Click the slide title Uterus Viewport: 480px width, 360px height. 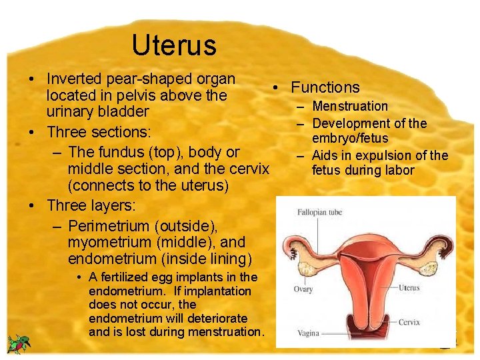tap(174, 45)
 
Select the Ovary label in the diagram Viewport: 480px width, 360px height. tap(303, 289)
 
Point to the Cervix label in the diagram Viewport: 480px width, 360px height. tap(409, 322)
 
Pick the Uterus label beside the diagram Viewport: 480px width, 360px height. tap(409, 288)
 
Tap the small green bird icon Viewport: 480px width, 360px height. tap(19, 344)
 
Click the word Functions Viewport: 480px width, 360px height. tap(325, 87)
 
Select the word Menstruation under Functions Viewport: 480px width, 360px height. tap(350, 106)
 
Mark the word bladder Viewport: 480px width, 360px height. tap(124, 111)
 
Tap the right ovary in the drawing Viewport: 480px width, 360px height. tap(437, 251)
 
